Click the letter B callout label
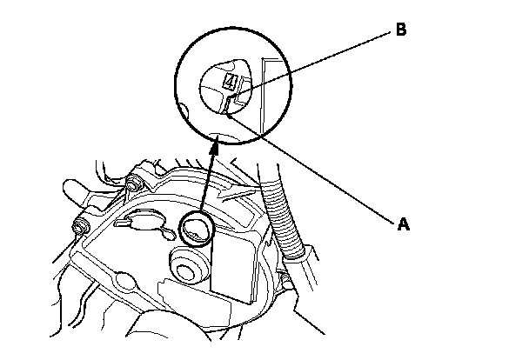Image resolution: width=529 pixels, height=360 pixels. click(401, 30)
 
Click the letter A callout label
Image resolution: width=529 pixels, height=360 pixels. click(402, 223)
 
